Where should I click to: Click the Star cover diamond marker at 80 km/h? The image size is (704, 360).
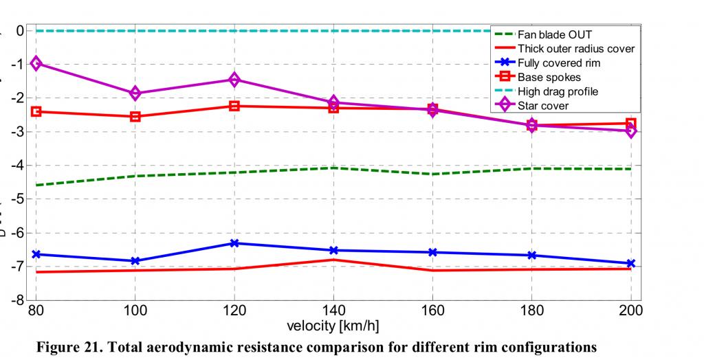click(36, 63)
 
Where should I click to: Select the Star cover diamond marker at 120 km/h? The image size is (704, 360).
click(234, 80)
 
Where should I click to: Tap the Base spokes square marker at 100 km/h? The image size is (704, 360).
click(135, 116)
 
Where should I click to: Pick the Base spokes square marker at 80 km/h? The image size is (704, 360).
click(36, 111)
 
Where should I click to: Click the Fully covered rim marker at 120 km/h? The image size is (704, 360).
click(234, 243)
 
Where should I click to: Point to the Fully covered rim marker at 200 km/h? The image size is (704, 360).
click(630, 263)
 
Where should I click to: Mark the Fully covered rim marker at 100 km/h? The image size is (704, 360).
click(135, 261)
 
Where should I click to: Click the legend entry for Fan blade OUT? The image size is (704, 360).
click(554, 34)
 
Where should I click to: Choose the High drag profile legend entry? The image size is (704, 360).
click(558, 91)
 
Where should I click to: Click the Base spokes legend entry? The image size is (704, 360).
click(549, 77)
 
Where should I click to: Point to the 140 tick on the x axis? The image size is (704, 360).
click(333, 311)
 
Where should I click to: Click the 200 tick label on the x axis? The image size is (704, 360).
click(630, 311)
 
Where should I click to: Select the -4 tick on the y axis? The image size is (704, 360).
click(16, 166)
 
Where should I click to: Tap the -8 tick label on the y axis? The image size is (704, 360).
click(16, 300)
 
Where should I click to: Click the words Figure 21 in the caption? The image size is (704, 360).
click(67, 346)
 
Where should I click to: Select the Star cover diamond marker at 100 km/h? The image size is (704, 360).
click(135, 93)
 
